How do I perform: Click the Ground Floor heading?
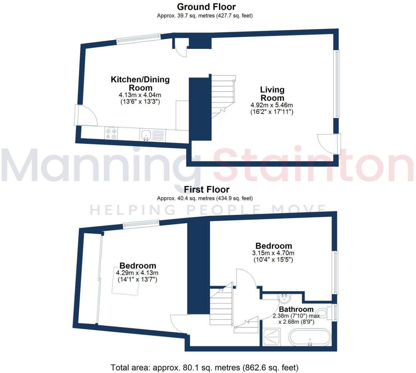pyautogui.click(x=206, y=7)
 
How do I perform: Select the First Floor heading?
pyautogui.click(x=207, y=190)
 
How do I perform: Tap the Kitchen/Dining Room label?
pyautogui.click(x=140, y=84)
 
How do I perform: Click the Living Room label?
pyautogui.click(x=272, y=94)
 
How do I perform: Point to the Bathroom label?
pyautogui.click(x=296, y=310)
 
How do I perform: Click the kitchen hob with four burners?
pyautogui.click(x=111, y=134)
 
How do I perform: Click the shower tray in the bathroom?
pyautogui.click(x=271, y=337)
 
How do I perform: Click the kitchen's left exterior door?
pyautogui.click(x=86, y=115)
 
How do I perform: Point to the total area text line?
pyautogui.click(x=204, y=368)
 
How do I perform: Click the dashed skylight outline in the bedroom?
pyautogui.click(x=125, y=281)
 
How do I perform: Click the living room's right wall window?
pyautogui.click(x=337, y=84)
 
